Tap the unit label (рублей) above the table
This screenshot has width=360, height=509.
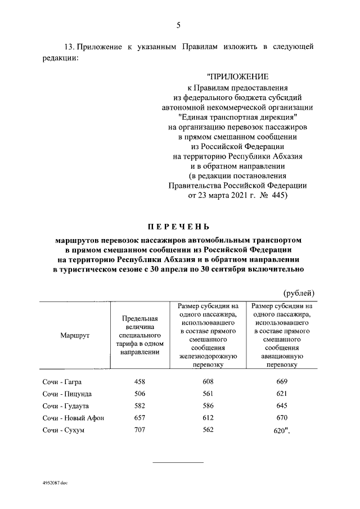298,293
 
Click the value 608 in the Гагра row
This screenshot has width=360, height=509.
209,382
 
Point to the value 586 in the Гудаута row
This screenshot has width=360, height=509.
209,406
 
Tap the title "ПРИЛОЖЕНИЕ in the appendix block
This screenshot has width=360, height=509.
238,76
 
